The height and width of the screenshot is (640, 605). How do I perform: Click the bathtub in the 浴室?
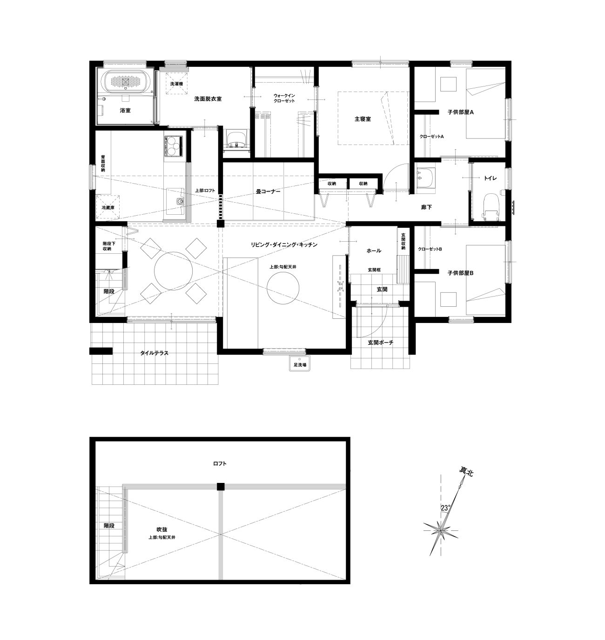(x=126, y=81)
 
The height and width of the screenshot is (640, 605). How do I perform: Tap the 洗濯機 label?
(x=176, y=84)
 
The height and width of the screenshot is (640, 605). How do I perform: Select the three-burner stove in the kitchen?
(x=174, y=146)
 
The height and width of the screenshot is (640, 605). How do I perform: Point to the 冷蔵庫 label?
(x=108, y=208)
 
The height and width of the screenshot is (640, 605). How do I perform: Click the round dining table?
(x=174, y=271)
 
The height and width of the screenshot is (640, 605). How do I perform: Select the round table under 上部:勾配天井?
(x=283, y=288)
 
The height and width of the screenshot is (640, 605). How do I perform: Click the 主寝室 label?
(x=363, y=119)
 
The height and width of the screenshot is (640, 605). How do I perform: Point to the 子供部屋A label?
(x=461, y=112)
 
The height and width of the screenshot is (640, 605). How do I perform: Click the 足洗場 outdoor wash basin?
(x=300, y=363)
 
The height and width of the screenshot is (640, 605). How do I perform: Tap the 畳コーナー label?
(x=268, y=191)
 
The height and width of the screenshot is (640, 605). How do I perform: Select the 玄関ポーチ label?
(x=380, y=343)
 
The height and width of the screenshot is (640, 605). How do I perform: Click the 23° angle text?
(x=445, y=508)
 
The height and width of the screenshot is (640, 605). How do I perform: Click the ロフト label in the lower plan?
(x=220, y=463)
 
